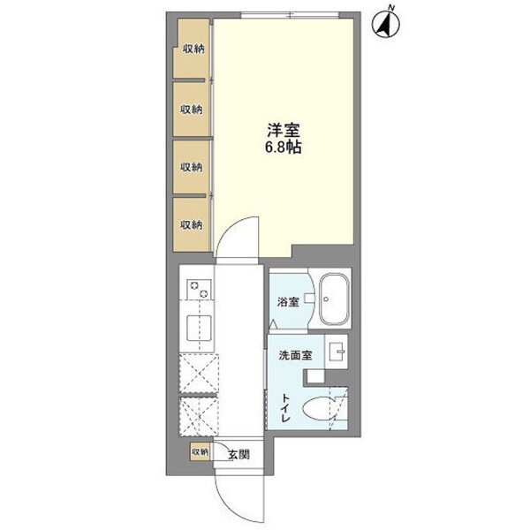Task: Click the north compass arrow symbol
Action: tap(385, 23)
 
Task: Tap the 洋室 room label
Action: tap(284, 130)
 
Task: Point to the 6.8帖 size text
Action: tap(284, 148)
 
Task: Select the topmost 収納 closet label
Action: tap(193, 49)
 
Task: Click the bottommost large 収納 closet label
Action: tap(192, 224)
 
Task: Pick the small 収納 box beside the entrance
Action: tap(200, 451)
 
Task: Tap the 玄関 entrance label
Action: tap(238, 455)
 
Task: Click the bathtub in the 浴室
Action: tap(334, 299)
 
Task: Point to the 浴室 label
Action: tap(288, 302)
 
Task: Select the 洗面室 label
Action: tap(295, 355)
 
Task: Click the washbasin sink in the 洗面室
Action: tap(337, 352)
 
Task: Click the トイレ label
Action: tap(286, 407)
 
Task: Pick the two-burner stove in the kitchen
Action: tap(199, 290)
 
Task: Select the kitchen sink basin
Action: tap(200, 328)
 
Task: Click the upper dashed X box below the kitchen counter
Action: tap(199, 373)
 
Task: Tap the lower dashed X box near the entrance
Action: tap(199, 416)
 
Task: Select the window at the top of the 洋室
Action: tap(290, 15)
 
